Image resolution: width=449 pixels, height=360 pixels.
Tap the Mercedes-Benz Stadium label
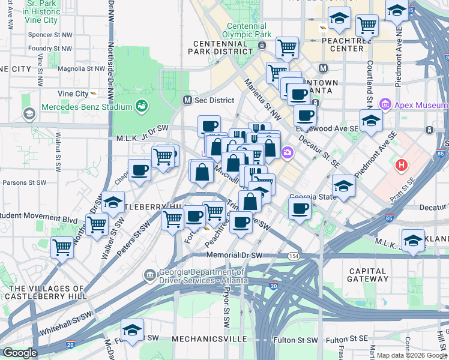(x=86, y=107)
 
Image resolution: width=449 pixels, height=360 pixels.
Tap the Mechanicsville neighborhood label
(x=209, y=339)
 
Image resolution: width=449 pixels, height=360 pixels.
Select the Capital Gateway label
(x=367, y=275)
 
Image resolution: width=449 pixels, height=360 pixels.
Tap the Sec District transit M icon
(x=187, y=100)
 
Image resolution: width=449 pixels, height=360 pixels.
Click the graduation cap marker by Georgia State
(x=343, y=186)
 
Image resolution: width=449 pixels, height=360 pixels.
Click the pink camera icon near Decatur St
(x=288, y=152)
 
